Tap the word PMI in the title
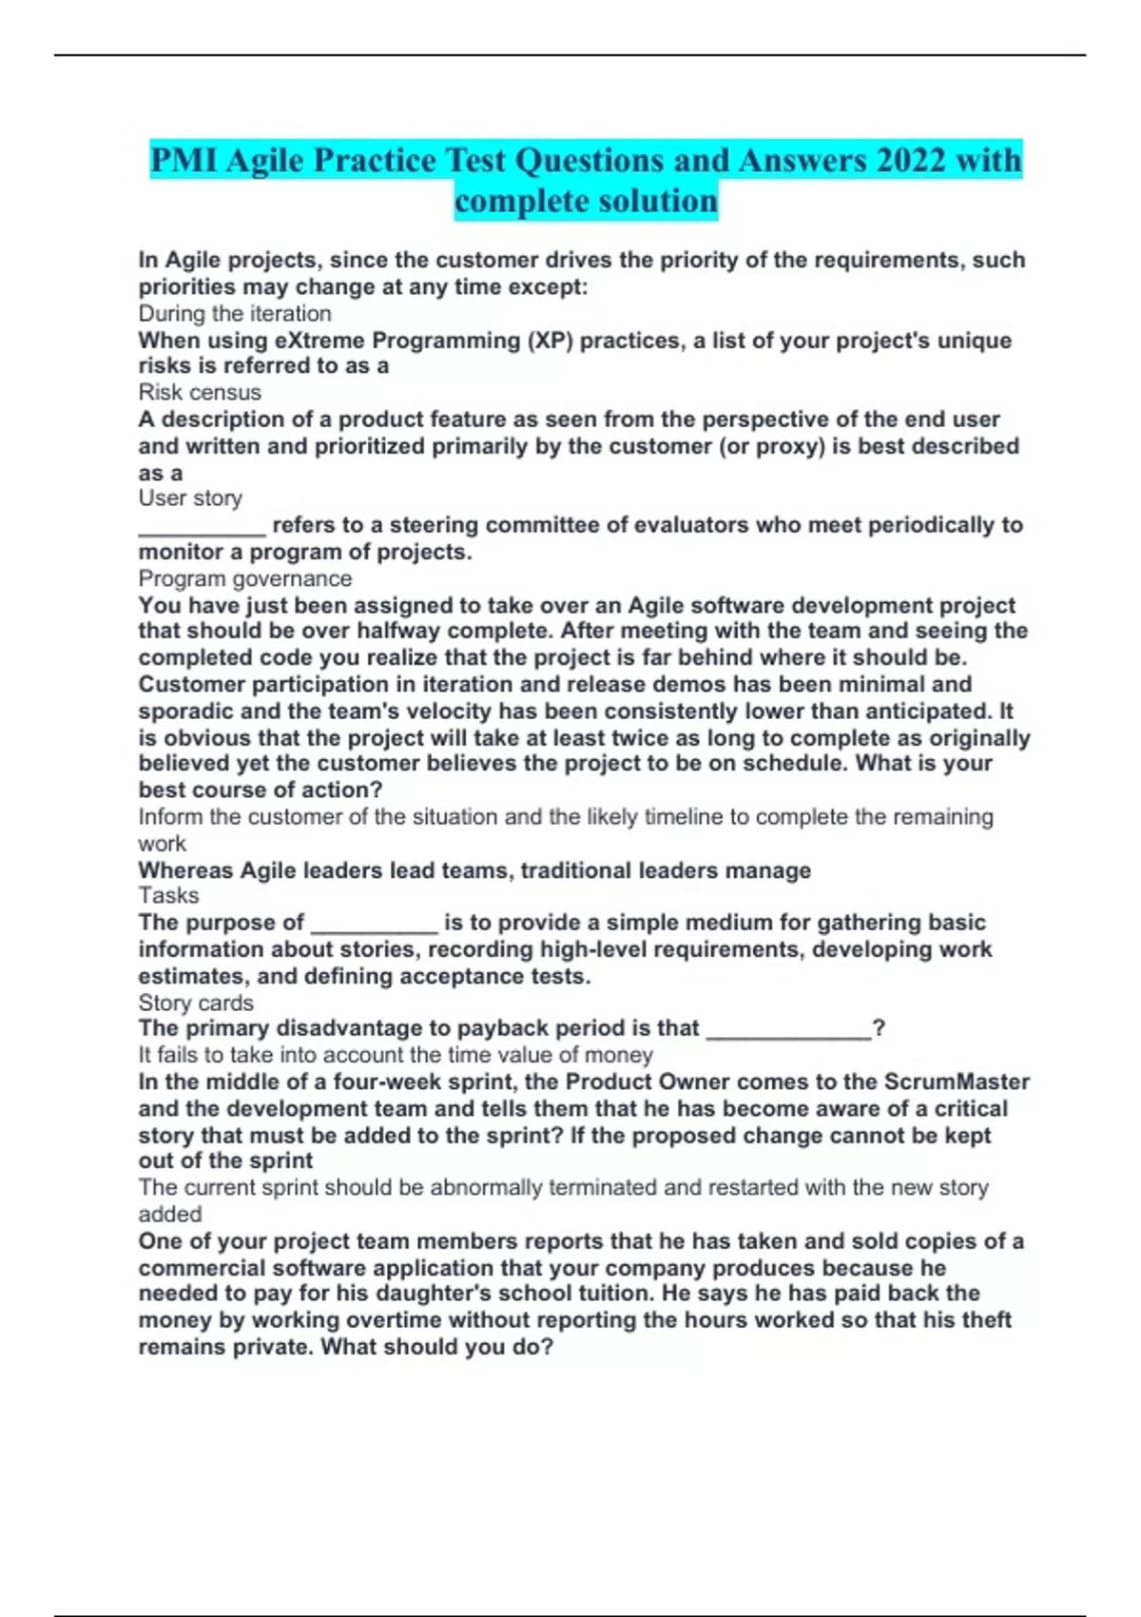click(x=184, y=160)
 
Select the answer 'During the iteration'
click(x=235, y=314)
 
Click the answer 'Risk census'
click(x=200, y=392)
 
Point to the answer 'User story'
click(x=190, y=498)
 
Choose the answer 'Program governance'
click(x=245, y=578)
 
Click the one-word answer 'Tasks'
click(x=169, y=895)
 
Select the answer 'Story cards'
click(x=196, y=1003)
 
